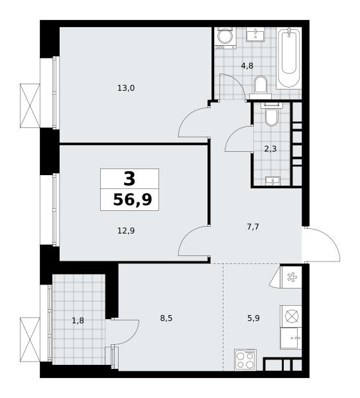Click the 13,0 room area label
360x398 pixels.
click(x=126, y=88)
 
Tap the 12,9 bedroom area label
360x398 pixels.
click(x=126, y=231)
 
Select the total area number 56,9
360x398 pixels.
click(x=133, y=200)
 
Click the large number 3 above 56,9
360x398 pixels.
click(x=129, y=178)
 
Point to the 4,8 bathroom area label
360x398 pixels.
click(x=247, y=66)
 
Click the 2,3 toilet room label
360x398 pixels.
click(x=270, y=149)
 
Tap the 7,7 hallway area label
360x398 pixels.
click(x=253, y=227)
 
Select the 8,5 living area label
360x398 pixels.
click(x=166, y=318)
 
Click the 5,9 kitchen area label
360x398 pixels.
click(x=253, y=318)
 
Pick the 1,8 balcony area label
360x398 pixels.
click(x=78, y=321)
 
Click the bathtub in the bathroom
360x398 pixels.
click(x=288, y=58)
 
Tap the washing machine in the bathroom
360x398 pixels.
click(x=225, y=38)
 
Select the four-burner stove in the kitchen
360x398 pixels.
click(x=245, y=360)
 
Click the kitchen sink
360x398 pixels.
click(x=291, y=338)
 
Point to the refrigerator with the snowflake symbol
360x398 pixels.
click(x=292, y=277)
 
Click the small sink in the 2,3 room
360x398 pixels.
click(x=272, y=180)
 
